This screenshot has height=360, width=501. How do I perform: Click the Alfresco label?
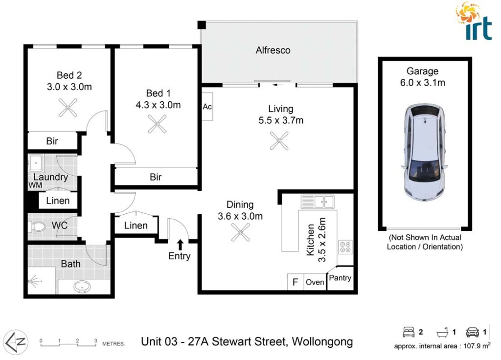click(273, 50)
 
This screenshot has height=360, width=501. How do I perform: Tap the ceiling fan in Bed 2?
click(68, 108)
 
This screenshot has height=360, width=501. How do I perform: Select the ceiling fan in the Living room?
click(279, 140)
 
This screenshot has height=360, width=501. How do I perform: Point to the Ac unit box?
click(207, 106)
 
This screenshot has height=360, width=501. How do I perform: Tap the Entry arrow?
click(180, 245)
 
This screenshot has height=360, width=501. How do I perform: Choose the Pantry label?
click(340, 278)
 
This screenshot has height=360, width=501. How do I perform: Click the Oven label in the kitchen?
click(315, 282)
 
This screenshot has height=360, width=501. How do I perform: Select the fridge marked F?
click(295, 282)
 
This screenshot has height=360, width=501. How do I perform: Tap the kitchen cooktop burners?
click(345, 247)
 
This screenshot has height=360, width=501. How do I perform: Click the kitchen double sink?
click(318, 202)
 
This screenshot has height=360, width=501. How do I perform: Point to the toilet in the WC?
click(37, 227)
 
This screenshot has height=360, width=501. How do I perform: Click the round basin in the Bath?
click(82, 287)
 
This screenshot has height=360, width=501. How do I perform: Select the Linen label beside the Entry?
click(136, 225)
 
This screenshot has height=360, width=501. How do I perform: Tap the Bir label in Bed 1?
click(156, 177)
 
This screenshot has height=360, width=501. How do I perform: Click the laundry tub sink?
click(36, 163)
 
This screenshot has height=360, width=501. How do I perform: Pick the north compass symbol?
click(16, 342)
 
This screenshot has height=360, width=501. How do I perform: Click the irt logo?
click(474, 22)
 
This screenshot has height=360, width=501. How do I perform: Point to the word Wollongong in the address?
click(322, 341)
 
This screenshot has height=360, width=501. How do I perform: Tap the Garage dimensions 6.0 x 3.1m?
click(422, 83)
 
